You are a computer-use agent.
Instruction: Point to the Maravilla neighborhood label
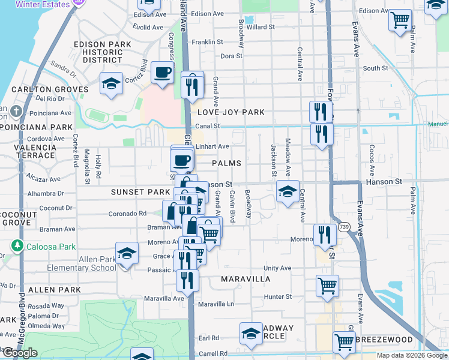[245, 279]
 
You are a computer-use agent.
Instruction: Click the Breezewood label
[384, 340]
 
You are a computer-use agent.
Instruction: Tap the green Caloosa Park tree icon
[17, 246]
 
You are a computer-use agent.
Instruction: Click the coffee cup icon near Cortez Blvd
[162, 73]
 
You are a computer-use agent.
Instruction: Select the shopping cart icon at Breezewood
[344, 342]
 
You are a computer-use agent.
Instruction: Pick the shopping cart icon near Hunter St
[327, 286]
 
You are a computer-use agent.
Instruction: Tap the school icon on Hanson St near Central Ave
[288, 192]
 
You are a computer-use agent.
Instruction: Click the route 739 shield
[344, 227]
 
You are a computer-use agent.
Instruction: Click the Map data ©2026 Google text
[411, 355]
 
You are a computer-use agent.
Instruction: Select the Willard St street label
[260, 27]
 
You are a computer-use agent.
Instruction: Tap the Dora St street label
[231, 56]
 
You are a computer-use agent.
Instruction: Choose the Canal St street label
[209, 126]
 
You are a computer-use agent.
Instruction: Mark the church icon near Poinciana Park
[16, 112]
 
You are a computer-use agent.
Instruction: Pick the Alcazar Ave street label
[45, 179]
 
